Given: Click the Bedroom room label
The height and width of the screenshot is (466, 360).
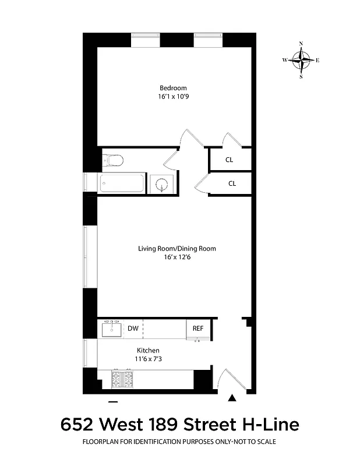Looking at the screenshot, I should coord(173,88).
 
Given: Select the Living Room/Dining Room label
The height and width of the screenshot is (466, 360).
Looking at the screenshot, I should coord(177,248).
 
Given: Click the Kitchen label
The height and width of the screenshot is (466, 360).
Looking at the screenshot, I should coord(148,350).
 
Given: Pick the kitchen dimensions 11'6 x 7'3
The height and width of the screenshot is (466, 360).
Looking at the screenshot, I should coord(148,359).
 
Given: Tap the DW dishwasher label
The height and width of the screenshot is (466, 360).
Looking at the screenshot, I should coord(133,329).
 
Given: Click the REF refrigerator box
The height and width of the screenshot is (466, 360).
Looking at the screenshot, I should coord(197,329).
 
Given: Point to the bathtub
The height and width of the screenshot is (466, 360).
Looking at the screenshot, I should coord(121,184).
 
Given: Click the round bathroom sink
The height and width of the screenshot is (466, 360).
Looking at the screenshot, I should coord(161,185).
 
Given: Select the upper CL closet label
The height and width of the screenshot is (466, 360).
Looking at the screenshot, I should coord(230,160).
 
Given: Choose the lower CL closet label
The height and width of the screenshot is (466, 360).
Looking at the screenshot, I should coord(232,183).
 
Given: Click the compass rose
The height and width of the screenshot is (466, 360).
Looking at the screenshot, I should coord(301,60).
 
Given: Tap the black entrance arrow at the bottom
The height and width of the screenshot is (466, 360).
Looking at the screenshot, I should coord(232,398).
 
